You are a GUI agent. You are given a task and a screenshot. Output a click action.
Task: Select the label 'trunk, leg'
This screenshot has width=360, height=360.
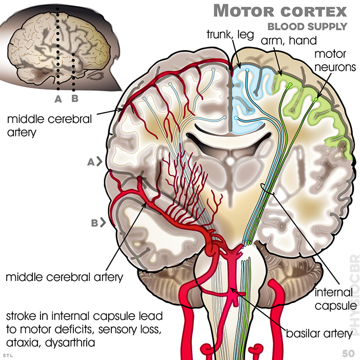(227, 35)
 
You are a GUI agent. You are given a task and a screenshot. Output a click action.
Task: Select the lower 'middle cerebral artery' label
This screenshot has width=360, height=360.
(65, 277)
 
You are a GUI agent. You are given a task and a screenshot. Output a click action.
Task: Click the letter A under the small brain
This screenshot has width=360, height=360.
(58, 97)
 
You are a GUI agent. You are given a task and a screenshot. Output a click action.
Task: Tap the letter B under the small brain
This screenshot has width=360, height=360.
(75, 97)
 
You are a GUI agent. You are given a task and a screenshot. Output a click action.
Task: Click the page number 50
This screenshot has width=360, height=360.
(348, 353)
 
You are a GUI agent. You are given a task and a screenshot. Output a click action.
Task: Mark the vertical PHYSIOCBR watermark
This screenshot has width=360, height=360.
(352, 294)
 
